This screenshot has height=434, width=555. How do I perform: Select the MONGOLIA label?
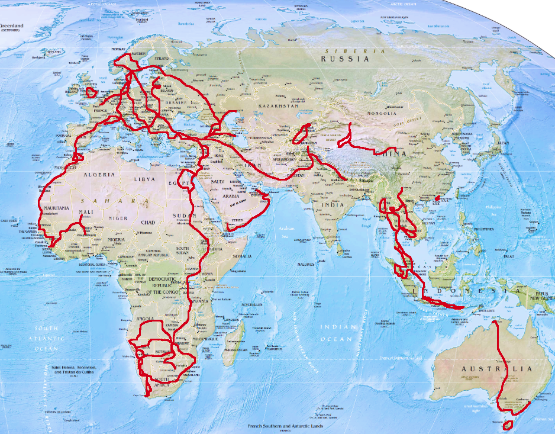coord(381,113)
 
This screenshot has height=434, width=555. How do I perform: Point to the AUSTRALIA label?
coord(496,369)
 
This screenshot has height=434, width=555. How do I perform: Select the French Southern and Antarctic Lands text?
coord(288,426)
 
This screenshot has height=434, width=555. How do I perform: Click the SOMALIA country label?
coord(241,256)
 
